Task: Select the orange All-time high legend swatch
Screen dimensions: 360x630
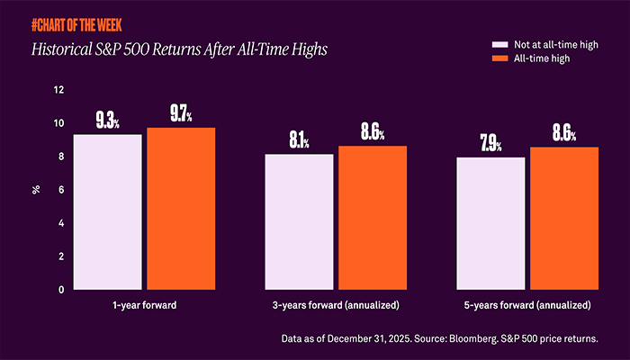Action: [499, 58]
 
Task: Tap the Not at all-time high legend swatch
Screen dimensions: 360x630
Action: [499, 43]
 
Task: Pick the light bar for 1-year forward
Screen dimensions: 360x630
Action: [108, 211]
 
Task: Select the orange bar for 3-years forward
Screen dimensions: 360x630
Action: [373, 218]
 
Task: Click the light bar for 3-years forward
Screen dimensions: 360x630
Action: [300, 221]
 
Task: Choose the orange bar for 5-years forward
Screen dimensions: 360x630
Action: [564, 218]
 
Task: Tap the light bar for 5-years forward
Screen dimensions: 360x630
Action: [491, 223]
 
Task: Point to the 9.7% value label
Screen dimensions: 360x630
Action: [181, 114]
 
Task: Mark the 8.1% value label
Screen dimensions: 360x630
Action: [300, 140]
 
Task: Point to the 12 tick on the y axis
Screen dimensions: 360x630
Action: [59, 90]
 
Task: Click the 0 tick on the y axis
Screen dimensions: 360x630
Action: [61, 290]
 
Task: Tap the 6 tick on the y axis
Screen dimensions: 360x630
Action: [61, 190]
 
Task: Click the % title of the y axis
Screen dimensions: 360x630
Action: [37, 190]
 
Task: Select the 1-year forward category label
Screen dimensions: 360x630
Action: [144, 306]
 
